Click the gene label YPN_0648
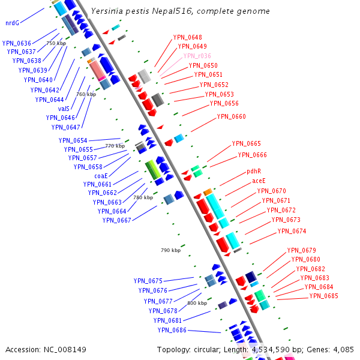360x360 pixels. coord(187,37)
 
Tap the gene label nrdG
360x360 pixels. coord(12,23)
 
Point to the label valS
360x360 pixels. coord(64,109)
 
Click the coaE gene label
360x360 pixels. coord(101,176)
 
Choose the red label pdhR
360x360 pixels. coord(254,171)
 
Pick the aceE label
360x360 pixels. coord(259,181)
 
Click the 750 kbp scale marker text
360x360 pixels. coord(56,43)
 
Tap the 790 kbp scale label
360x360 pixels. coord(170,250)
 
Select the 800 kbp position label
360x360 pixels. coord(197,303)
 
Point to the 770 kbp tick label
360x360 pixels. coord(115,146)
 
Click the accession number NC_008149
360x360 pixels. coord(63,349)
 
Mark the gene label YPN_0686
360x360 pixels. coord(172,330)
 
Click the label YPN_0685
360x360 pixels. coord(324,296)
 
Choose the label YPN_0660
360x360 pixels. coord(231,116)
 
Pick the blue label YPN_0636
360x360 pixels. coord(17,43)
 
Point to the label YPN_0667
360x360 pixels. coord(116,220)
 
